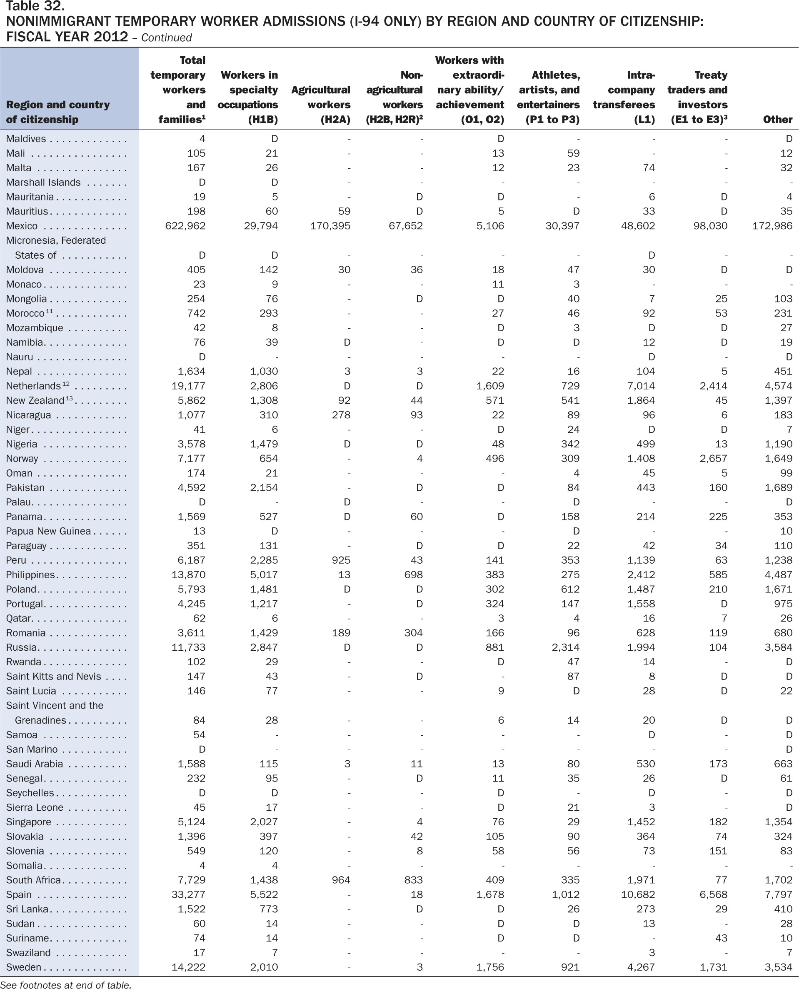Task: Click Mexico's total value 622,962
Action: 185,226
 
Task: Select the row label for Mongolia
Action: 26,299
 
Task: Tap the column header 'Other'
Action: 777,119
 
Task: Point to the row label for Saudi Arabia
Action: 34,764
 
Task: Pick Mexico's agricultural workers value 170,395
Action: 330,226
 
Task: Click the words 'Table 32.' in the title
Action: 35,6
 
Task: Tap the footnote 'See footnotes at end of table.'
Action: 66,984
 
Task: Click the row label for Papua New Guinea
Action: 48,531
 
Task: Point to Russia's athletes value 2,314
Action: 566,647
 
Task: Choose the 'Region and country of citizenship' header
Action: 57,112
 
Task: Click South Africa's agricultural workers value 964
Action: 341,880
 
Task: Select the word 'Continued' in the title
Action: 166,38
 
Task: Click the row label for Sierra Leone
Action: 35,807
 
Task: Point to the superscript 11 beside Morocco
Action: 49,311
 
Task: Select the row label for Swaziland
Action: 28,953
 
